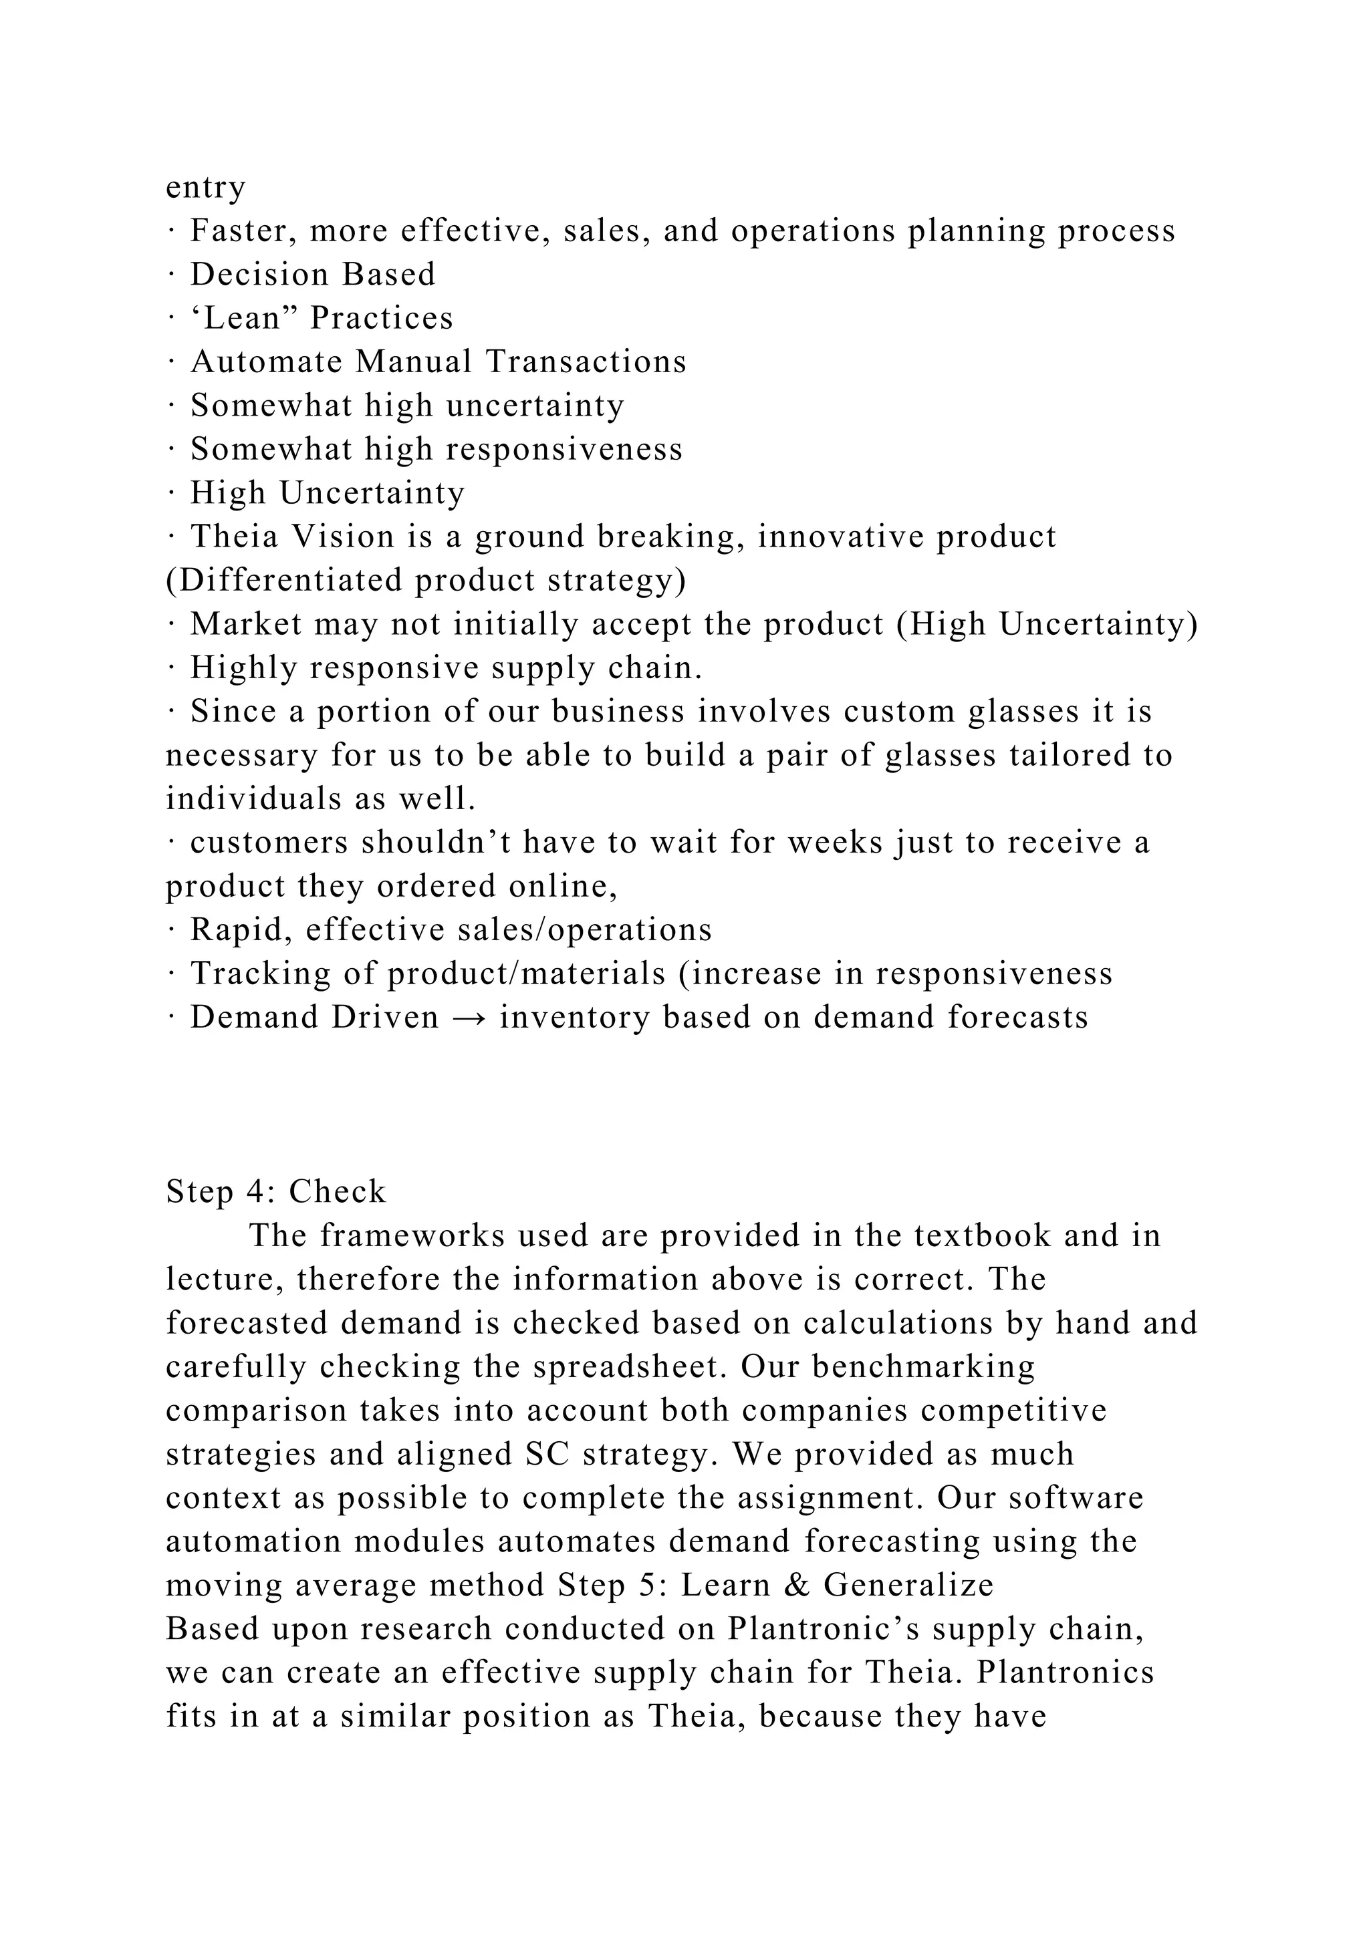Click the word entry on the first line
205,188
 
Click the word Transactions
586,362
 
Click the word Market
246,625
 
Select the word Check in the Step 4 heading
337,1193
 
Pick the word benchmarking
923,1367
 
